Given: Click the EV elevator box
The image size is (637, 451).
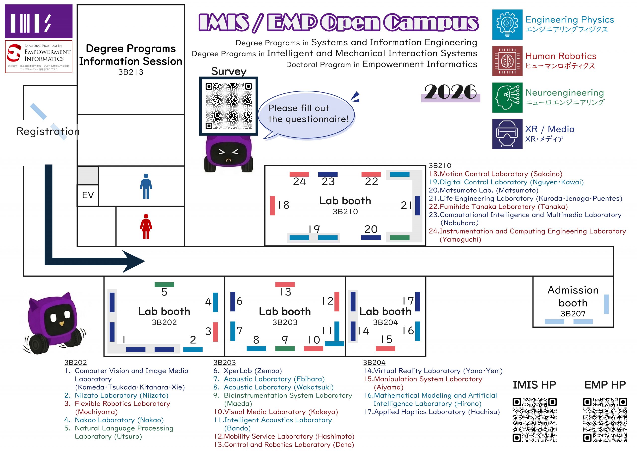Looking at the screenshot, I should click(88, 195).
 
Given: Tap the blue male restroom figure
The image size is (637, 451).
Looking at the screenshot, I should click(146, 186).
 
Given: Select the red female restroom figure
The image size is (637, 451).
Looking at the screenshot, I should click(146, 226).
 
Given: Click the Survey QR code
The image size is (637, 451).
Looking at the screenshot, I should click(229, 106).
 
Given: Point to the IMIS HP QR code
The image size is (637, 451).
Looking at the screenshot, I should click(534, 420).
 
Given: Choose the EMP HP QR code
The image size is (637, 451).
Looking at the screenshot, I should click(605, 420).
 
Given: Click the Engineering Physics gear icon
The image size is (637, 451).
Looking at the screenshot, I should click(507, 24).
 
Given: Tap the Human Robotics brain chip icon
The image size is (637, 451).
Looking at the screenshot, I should click(507, 61).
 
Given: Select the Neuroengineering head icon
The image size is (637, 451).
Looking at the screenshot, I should click(507, 97).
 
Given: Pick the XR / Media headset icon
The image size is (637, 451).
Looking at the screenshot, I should click(507, 134).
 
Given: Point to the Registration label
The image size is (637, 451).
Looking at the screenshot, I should click(48, 131).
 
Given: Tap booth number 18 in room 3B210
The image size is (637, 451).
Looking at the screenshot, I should click(284, 205).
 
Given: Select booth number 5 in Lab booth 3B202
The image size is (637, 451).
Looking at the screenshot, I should click(164, 292).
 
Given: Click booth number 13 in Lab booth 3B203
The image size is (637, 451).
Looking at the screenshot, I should click(285, 292).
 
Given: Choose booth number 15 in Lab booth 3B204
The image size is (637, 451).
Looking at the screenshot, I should click(386, 340).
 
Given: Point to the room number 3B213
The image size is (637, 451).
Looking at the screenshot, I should click(131, 72).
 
